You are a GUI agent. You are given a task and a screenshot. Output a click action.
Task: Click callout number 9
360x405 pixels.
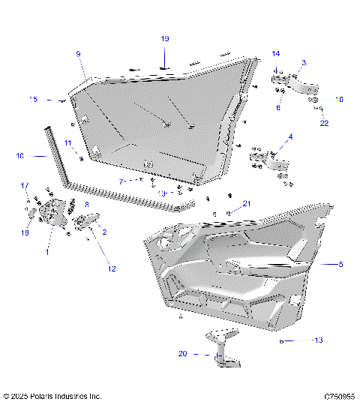pos(78,53)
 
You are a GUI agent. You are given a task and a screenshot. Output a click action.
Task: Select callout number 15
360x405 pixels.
pos(33,99)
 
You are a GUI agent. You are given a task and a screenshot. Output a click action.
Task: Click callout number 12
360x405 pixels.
pos(111,268)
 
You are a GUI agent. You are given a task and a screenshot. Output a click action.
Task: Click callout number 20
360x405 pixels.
pos(183,354)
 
